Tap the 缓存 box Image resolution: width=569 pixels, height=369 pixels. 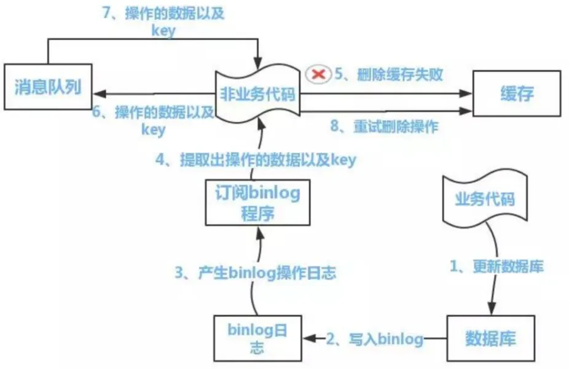pos(516,94)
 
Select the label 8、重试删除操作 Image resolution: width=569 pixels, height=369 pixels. pos(387,127)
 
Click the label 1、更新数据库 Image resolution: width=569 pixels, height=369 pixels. pos(495,266)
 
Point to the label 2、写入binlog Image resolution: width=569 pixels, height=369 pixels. pos(374,338)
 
